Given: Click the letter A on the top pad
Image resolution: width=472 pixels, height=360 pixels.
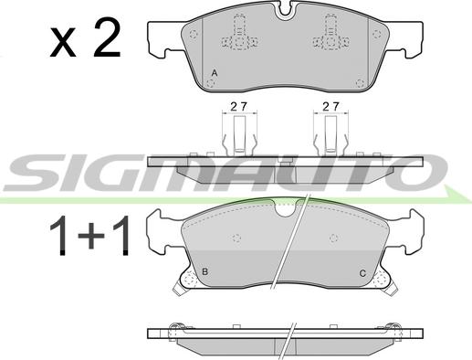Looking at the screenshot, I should pyautogui.click(x=214, y=72).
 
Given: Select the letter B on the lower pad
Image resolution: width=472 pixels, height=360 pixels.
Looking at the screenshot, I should pyautogui.click(x=205, y=271).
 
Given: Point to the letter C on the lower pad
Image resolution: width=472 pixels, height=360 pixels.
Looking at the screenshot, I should pyautogui.click(x=362, y=272).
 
